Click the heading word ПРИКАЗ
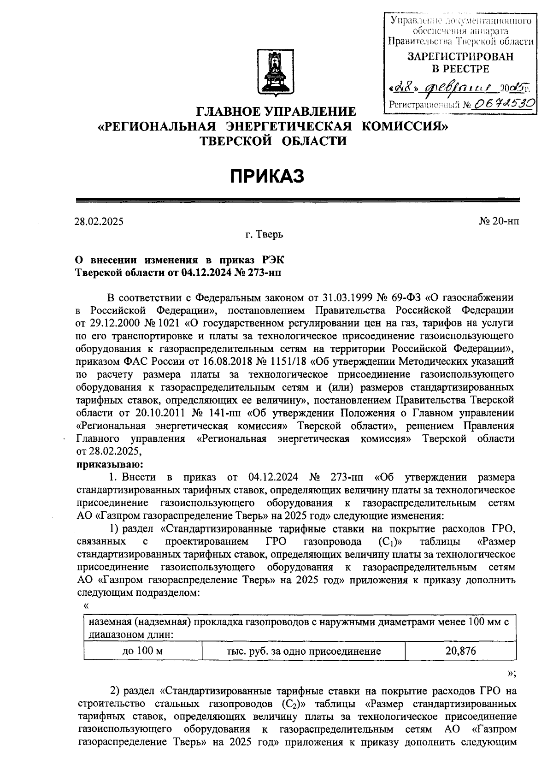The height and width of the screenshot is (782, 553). (x=268, y=176)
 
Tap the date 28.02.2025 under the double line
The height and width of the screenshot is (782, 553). (x=100, y=221)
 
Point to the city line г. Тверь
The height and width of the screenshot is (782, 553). (x=264, y=235)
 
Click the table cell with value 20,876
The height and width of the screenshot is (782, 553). (x=461, y=651)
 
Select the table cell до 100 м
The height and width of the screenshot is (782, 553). (x=143, y=651)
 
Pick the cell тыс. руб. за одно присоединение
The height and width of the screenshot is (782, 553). (x=304, y=651)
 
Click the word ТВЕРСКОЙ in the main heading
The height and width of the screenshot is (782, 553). (x=239, y=141)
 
